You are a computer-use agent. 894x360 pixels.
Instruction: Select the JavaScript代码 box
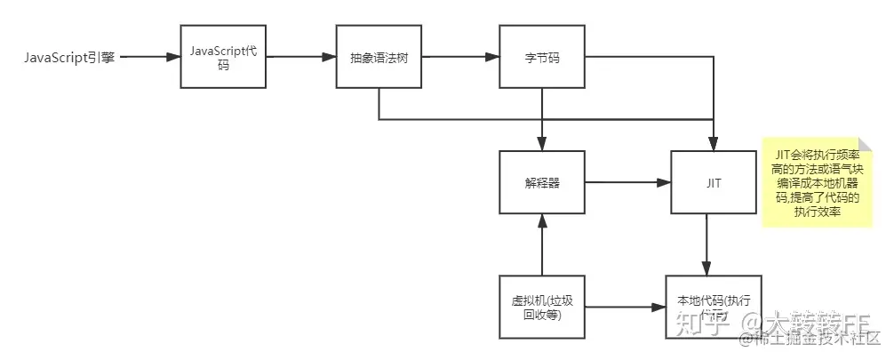tap(223, 57)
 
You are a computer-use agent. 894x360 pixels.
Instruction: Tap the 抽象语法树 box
tap(379, 58)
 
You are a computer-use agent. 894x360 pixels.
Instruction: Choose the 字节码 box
tap(541, 58)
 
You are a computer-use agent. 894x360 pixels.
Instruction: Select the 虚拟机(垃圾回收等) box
tap(541, 308)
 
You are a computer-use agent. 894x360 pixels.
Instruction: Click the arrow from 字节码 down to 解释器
tap(541, 120)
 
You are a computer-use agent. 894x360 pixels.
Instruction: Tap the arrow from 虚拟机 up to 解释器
tap(541, 245)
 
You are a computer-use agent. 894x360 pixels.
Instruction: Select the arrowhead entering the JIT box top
tap(713, 142)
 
